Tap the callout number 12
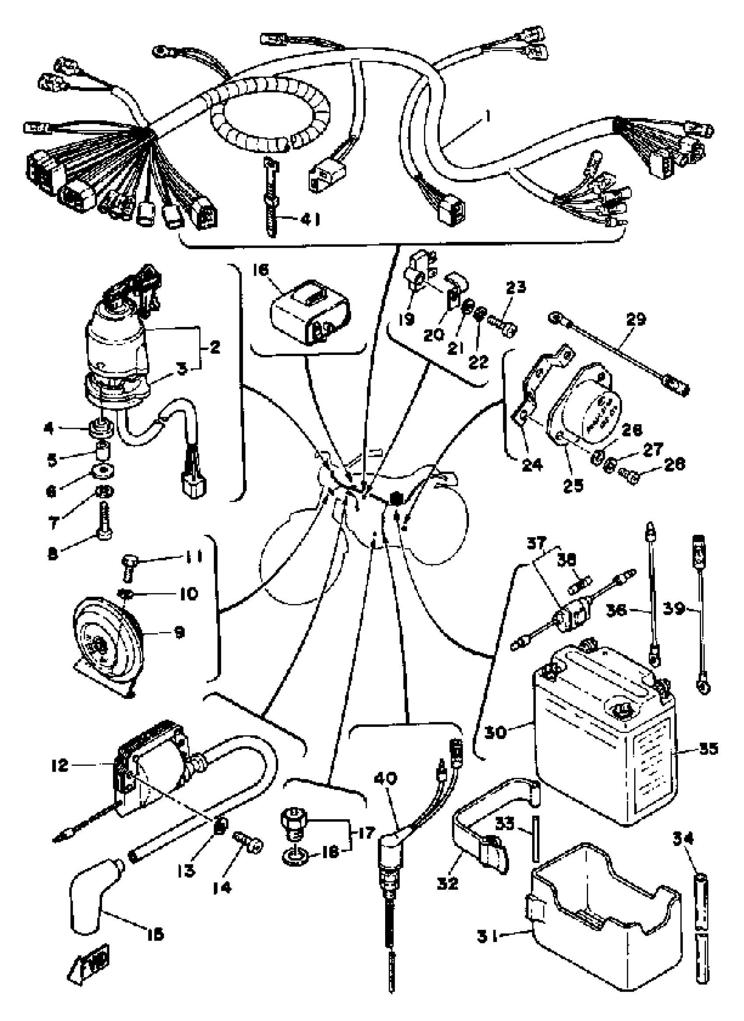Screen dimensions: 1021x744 tap(60, 764)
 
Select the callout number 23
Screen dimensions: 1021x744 tap(516, 288)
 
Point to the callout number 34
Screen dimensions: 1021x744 tap(683, 839)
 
